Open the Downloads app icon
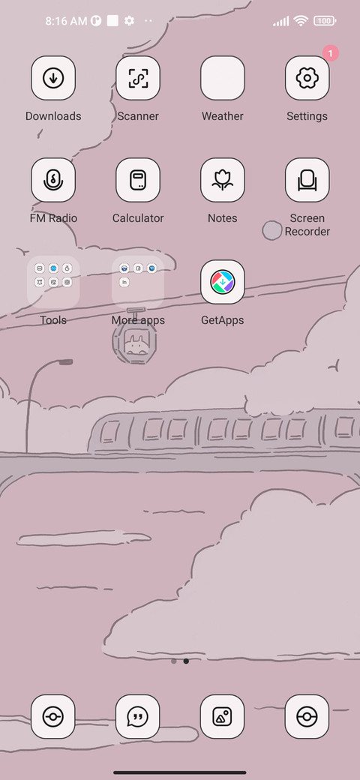(53, 78)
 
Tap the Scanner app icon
(138, 78)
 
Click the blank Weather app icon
(222, 78)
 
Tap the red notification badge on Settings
(330, 53)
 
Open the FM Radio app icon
(53, 180)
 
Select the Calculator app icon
(138, 180)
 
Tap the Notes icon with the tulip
(222, 180)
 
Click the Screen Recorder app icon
(307, 180)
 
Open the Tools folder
(53, 282)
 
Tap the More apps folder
(138, 282)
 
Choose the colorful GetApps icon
(222, 282)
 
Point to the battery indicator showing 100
(325, 21)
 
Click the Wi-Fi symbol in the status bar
(300, 21)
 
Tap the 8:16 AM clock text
(66, 21)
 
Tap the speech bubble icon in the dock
(138, 717)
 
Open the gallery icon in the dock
(222, 717)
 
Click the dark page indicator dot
(186, 661)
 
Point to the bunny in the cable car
(135, 344)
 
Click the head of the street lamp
(66, 362)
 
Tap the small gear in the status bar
(129, 21)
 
